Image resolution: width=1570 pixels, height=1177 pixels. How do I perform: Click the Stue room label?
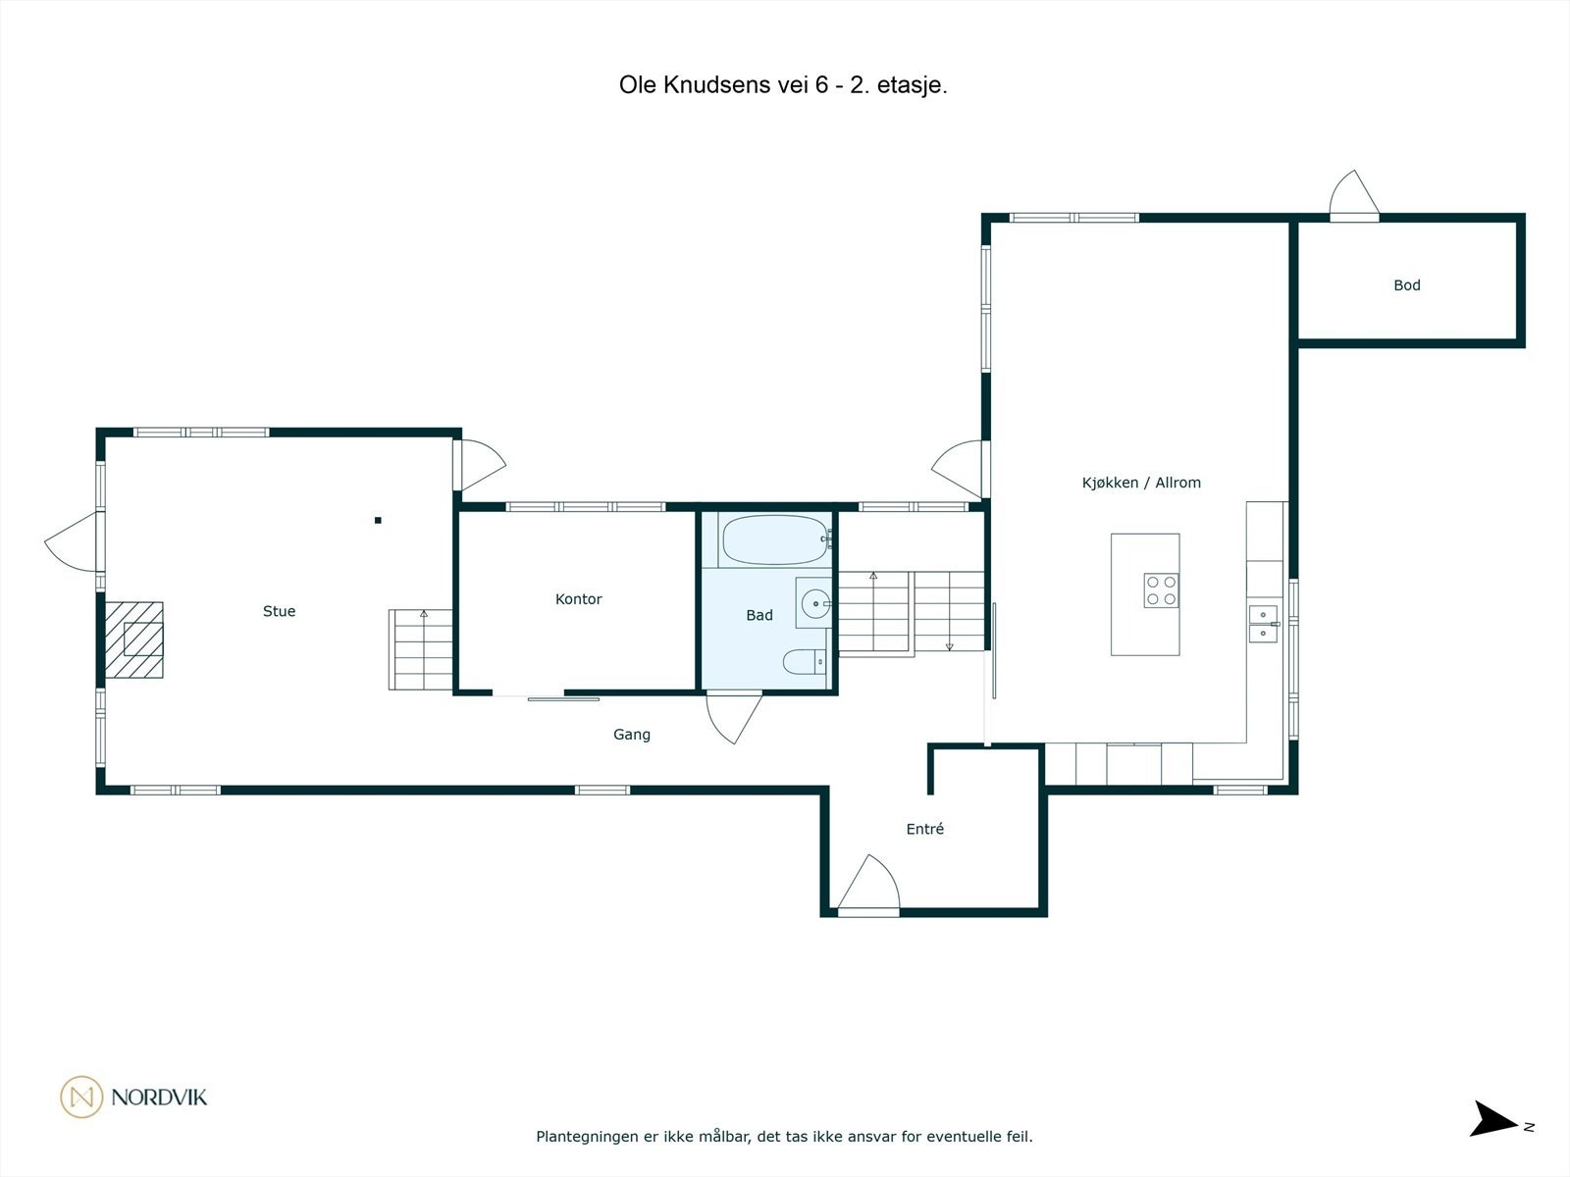(279, 611)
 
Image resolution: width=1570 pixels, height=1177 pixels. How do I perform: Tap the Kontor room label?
(578, 599)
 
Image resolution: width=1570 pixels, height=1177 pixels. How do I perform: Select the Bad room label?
(759, 616)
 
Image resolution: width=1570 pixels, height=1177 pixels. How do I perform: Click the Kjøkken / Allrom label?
(1140, 483)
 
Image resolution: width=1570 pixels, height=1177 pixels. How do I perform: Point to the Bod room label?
(1406, 285)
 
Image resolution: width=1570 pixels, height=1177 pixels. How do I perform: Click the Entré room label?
(924, 829)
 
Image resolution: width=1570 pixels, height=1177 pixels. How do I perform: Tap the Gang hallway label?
(631, 735)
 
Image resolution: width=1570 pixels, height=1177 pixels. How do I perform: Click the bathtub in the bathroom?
(775, 539)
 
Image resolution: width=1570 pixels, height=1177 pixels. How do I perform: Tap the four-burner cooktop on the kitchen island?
(1161, 590)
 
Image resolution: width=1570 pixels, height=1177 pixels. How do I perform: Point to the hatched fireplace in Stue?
(134, 640)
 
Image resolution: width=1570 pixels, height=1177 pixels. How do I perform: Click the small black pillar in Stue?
(378, 521)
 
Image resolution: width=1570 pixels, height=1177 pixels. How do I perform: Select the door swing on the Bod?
(1354, 195)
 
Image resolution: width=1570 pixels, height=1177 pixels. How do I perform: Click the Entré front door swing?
(869, 886)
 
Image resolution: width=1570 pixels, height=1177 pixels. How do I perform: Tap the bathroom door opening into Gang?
(734, 717)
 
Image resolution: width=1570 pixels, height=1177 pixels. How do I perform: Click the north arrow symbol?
(1493, 1119)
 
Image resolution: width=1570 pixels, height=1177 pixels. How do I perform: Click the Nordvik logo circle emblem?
(81, 1097)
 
